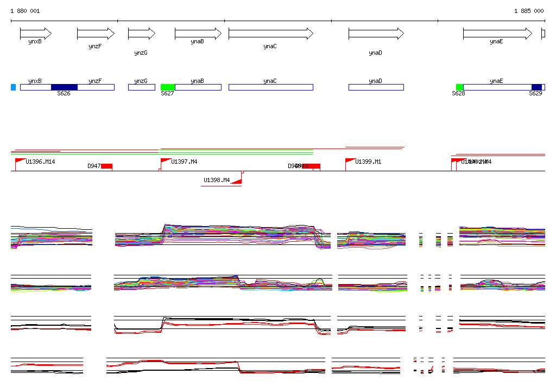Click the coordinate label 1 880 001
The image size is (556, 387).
(x=25, y=11)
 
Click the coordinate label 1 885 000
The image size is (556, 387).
(x=529, y=11)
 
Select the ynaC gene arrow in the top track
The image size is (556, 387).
(x=270, y=34)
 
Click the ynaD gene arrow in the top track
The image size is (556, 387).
(x=376, y=34)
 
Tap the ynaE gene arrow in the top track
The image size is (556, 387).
(x=497, y=34)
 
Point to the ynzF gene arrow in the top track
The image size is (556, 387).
(x=96, y=34)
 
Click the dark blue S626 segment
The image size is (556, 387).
(x=64, y=87)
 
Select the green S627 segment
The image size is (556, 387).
(x=168, y=87)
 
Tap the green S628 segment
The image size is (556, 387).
(x=459, y=87)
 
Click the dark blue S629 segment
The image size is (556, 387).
(x=536, y=87)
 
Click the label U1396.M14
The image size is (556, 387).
(x=40, y=162)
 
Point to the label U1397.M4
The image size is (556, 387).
(x=184, y=162)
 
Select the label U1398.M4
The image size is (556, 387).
(x=217, y=180)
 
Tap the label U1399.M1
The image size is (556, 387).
(x=368, y=162)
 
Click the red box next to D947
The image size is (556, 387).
(x=106, y=166)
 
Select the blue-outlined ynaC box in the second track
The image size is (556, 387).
(x=270, y=87)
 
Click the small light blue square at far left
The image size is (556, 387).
(x=13, y=87)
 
